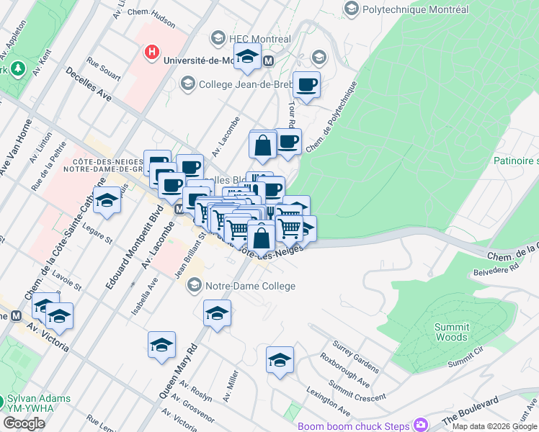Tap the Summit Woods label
(x=451, y=332)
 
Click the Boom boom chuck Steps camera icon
(x=420, y=424)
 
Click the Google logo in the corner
(x=24, y=423)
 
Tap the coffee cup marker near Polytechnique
(x=307, y=85)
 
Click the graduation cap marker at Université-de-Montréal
(x=248, y=57)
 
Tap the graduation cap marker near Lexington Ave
(x=280, y=361)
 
